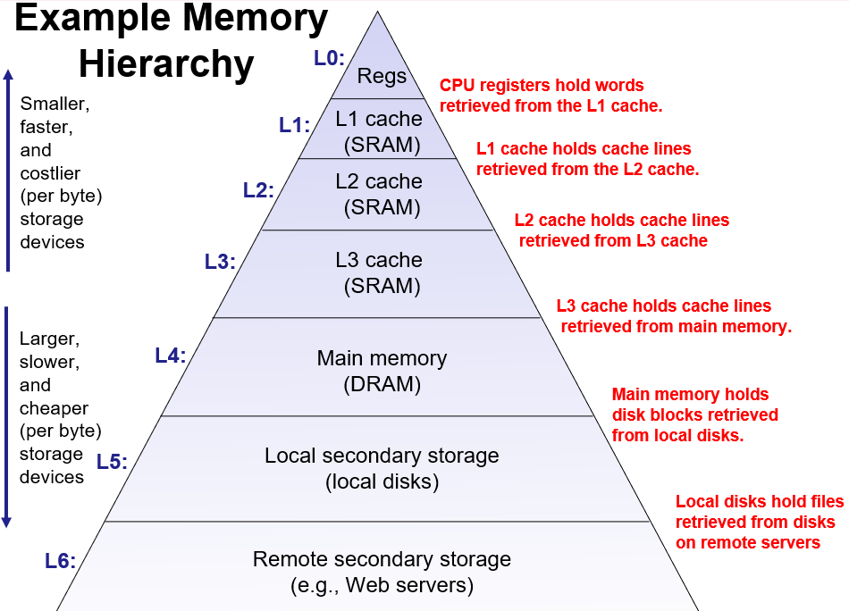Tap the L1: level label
pyautogui.click(x=294, y=125)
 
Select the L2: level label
pyautogui.click(x=258, y=189)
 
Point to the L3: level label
pyautogui.click(x=220, y=262)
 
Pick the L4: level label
pyautogui.click(x=170, y=355)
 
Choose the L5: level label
pyautogui.click(x=112, y=462)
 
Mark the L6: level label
pyautogui.click(x=60, y=560)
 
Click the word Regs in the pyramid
pyautogui.click(x=382, y=77)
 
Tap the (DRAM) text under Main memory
pyautogui.click(x=382, y=385)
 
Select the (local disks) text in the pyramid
pyautogui.click(x=382, y=482)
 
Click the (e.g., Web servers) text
pyautogui.click(x=382, y=586)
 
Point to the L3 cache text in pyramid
pyautogui.click(x=379, y=260)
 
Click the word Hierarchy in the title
pyautogui.click(x=166, y=63)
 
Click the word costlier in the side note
pyautogui.click(x=50, y=172)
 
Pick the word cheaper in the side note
pyautogui.click(x=54, y=408)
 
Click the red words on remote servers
pyautogui.click(x=748, y=542)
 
